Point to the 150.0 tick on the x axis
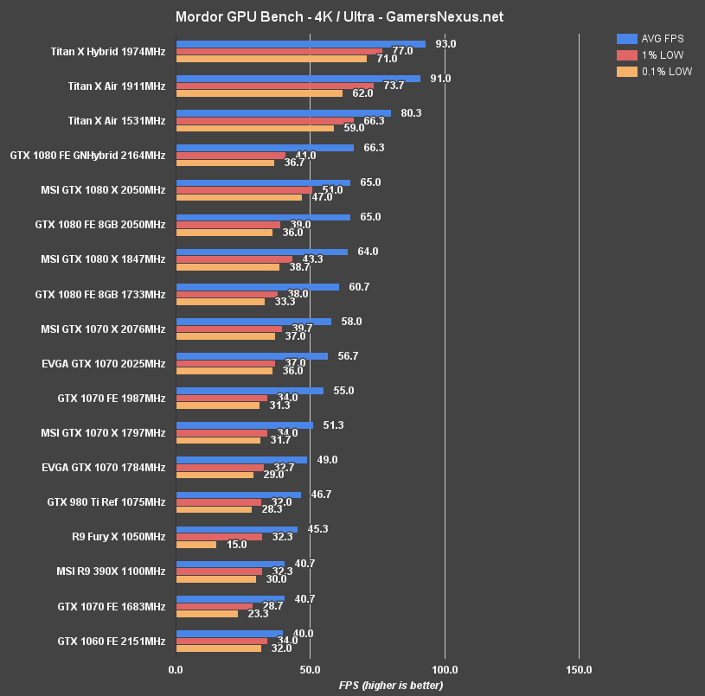pyautogui.click(x=579, y=669)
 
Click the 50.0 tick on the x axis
pyautogui.click(x=310, y=669)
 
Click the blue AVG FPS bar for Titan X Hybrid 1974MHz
pyautogui.click(x=300, y=44)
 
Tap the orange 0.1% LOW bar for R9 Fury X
pyautogui.click(x=196, y=545)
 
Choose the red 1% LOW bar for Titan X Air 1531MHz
pyautogui.click(x=265, y=121)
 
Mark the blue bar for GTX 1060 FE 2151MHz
pyautogui.click(x=229, y=633)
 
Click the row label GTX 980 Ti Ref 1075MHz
pyautogui.click(x=106, y=502)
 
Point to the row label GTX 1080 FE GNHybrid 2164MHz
pyautogui.click(x=87, y=156)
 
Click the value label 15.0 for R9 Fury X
pyautogui.click(x=236, y=545)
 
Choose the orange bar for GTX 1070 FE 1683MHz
pyautogui.click(x=207, y=614)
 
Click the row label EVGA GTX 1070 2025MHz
pyautogui.click(x=103, y=364)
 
